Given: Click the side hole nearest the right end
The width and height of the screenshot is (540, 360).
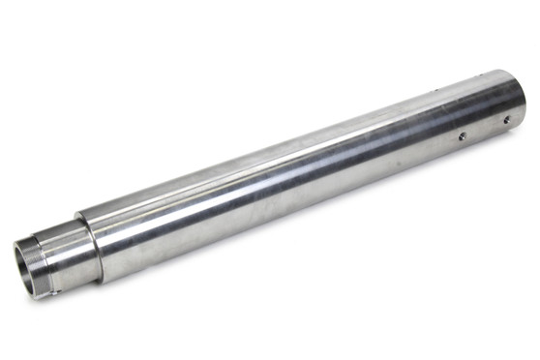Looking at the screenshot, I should click(504, 121).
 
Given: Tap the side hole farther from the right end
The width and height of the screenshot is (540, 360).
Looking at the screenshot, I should click(462, 136).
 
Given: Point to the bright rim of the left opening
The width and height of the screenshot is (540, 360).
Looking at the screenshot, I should click(16, 261).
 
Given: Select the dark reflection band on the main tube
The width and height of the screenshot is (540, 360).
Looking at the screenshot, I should click(290, 194).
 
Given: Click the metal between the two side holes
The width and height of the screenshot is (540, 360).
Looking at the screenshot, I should click(483, 129).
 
